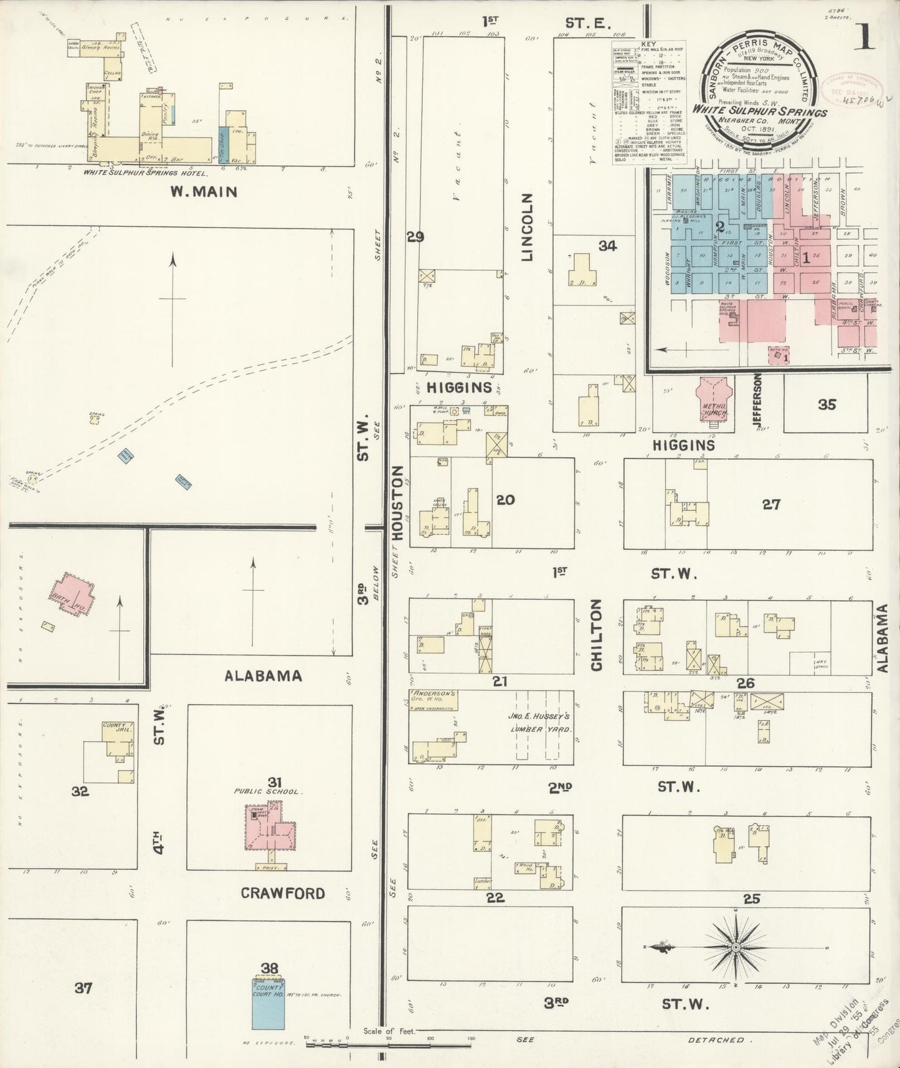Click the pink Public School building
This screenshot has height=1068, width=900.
(272, 827)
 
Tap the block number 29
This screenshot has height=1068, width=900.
(415, 237)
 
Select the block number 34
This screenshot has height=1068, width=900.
(607, 246)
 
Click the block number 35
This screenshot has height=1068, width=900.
(827, 404)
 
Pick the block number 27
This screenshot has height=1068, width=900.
(771, 505)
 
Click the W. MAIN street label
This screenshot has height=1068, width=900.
(204, 192)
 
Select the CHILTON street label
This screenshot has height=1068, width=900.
(597, 636)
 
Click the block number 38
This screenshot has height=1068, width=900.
(270, 968)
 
